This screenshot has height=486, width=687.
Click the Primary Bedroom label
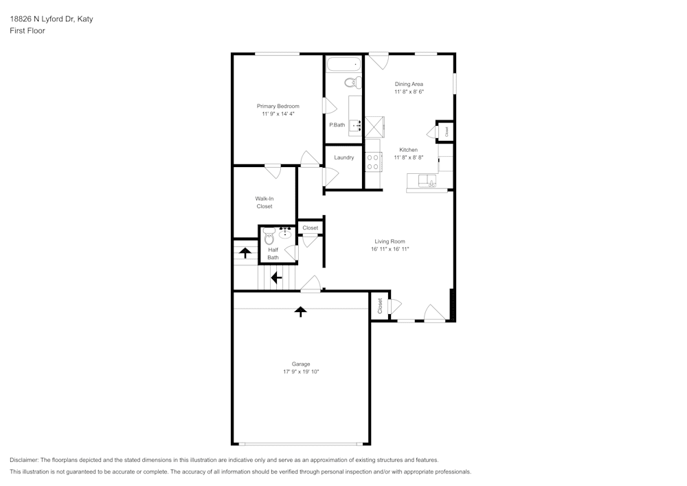tap(278, 106)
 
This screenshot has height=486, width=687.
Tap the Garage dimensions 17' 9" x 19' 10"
tap(301, 372)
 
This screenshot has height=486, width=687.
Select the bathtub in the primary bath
tap(344, 65)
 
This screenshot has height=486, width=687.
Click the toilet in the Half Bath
tap(269, 237)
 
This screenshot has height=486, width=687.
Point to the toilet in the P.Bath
tap(352, 82)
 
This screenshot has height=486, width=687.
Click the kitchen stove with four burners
tap(373, 162)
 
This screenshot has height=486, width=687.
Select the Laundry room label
tap(344, 157)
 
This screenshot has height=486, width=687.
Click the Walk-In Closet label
tap(264, 203)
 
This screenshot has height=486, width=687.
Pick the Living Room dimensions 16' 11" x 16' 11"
tap(390, 249)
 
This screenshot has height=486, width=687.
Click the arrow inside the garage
tap(301, 311)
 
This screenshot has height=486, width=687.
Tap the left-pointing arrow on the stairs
tap(276, 278)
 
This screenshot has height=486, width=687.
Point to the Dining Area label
tap(409, 84)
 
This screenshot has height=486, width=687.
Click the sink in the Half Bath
tap(285, 233)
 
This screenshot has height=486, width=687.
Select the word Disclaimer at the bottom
tap(23, 460)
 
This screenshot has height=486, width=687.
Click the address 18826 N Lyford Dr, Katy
tap(52, 19)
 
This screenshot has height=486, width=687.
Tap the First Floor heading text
tap(27, 31)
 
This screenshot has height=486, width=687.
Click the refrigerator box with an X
tap(374, 127)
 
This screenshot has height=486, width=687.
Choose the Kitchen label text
tap(408, 150)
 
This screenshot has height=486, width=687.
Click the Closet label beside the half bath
tap(311, 228)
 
